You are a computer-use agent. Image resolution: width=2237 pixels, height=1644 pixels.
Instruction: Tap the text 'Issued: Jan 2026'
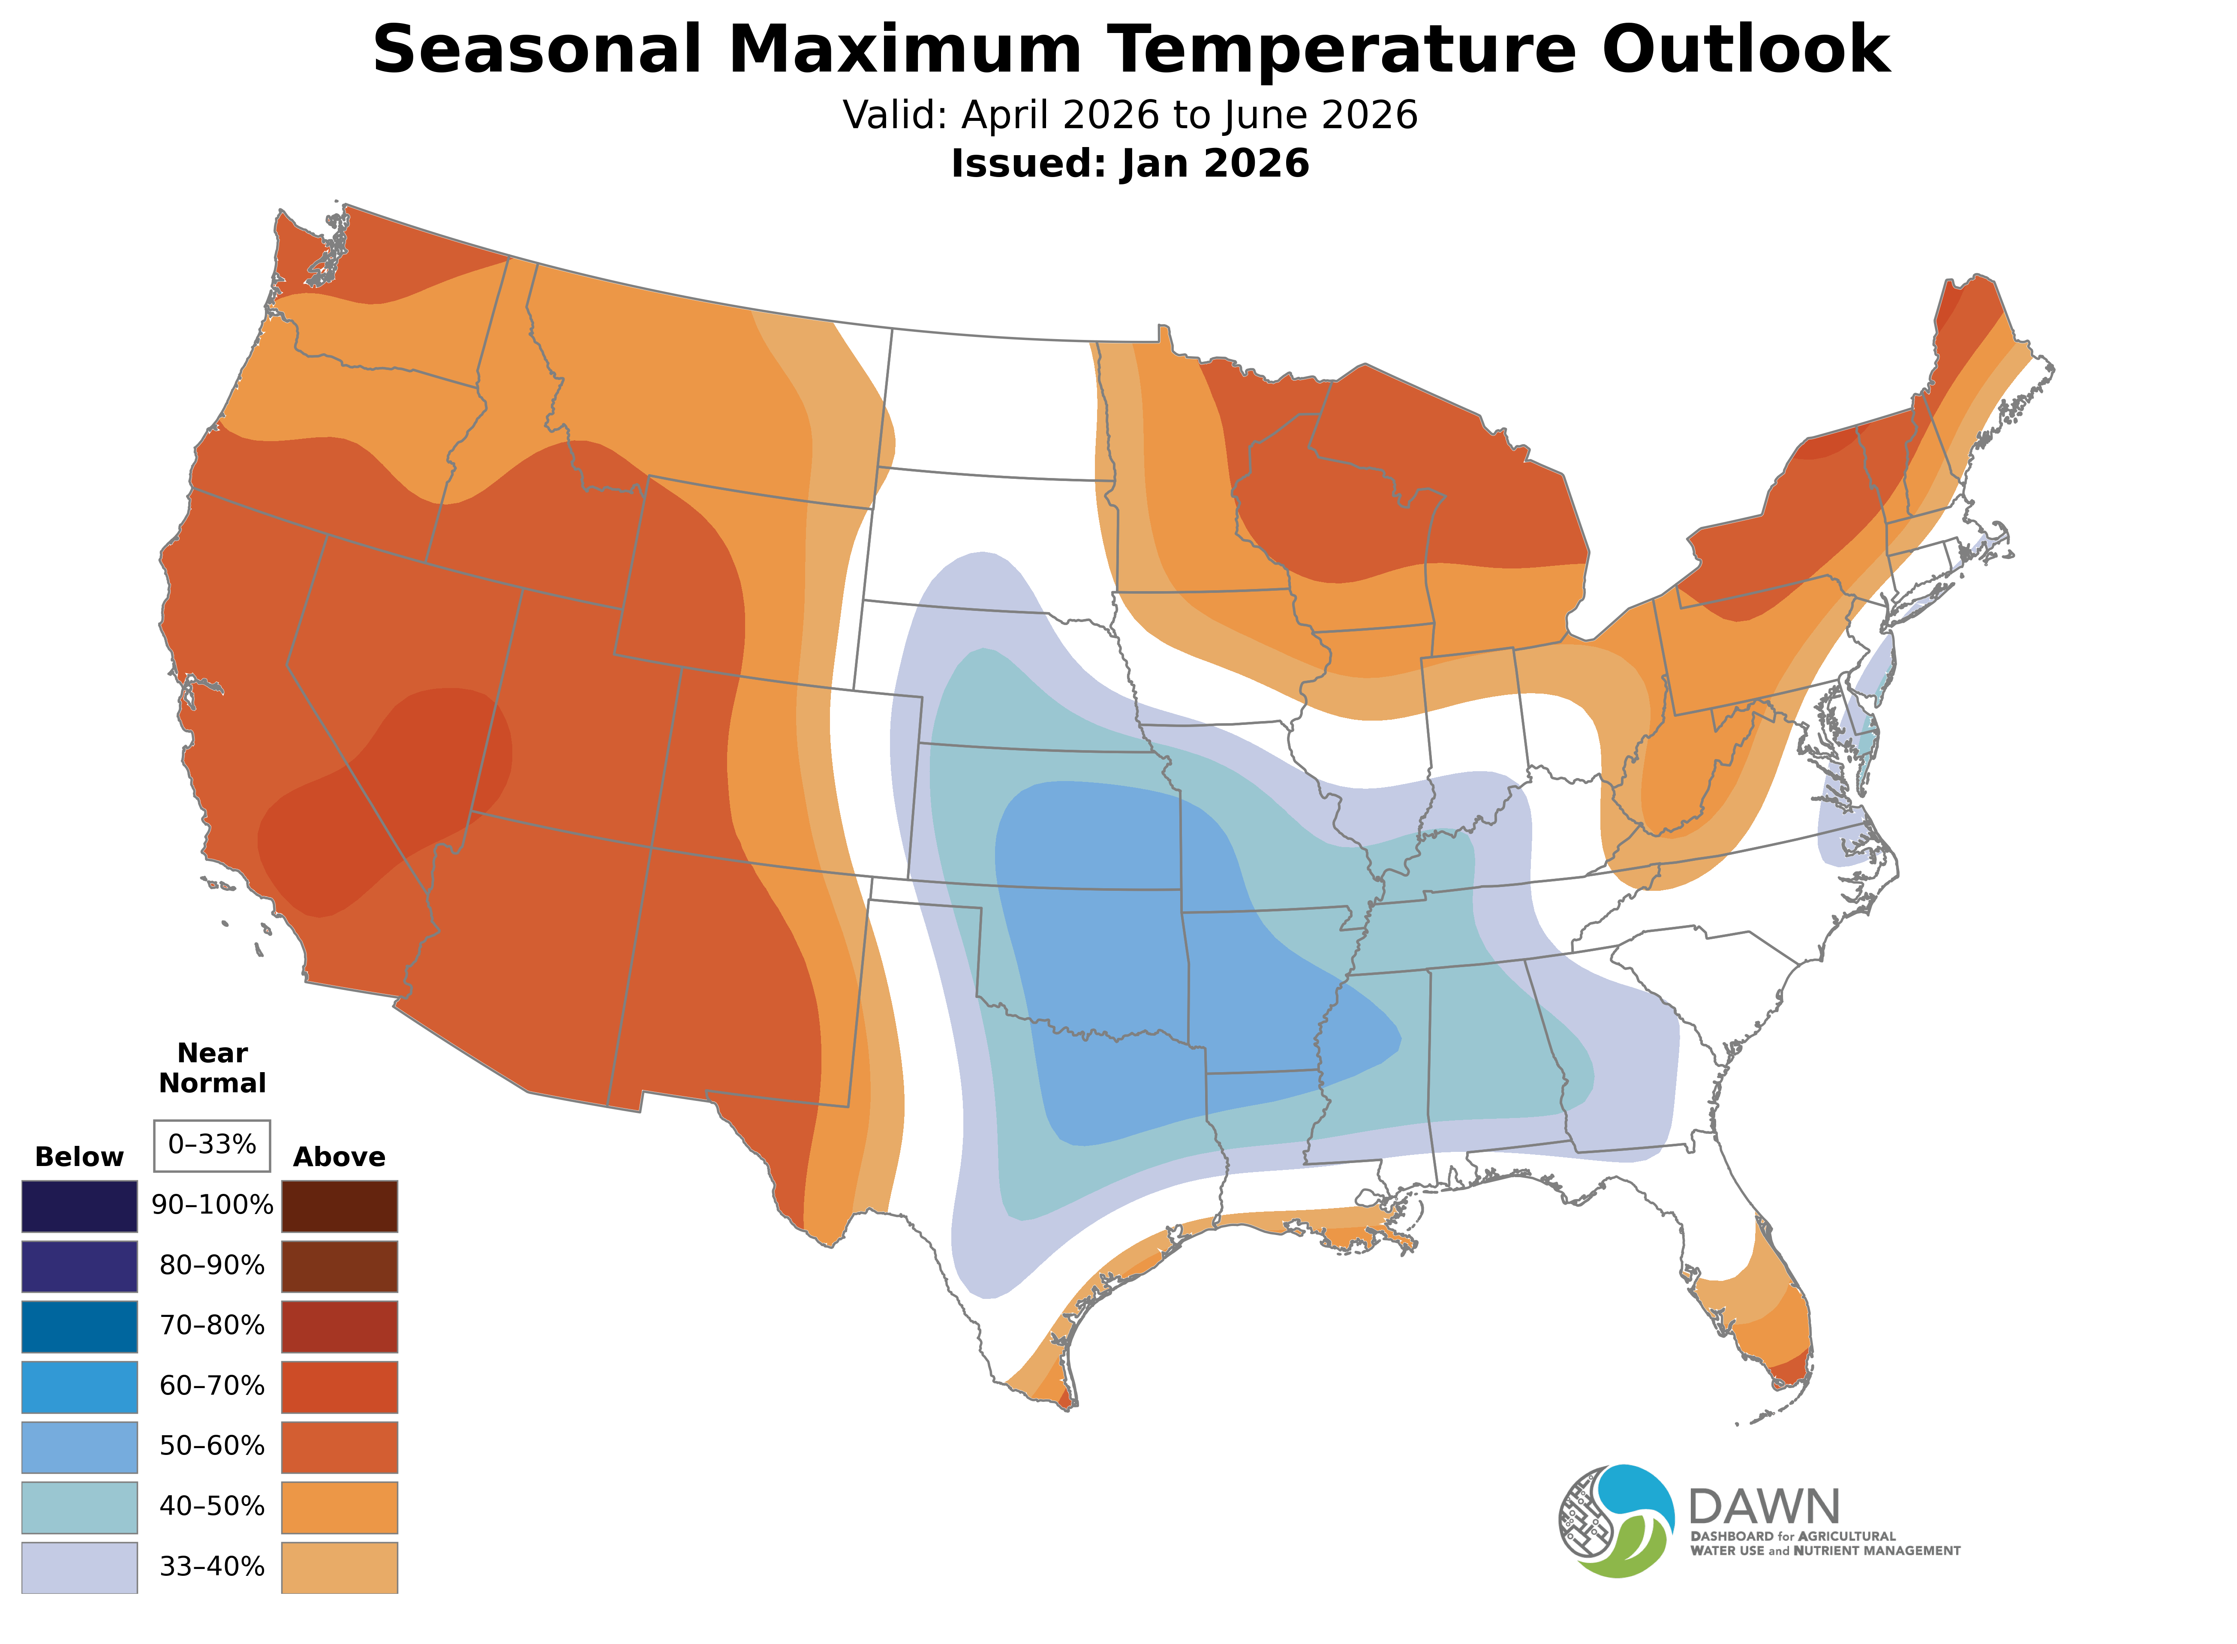point(1130,164)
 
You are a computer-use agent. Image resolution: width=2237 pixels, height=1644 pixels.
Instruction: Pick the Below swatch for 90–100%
point(80,1206)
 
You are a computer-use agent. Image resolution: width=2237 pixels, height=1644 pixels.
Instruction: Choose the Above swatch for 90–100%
point(340,1206)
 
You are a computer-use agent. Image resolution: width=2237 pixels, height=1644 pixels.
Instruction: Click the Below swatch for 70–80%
point(80,1326)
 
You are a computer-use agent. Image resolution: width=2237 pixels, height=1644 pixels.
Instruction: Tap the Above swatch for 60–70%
point(340,1386)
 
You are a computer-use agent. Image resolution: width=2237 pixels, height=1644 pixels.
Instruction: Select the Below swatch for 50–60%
point(80,1447)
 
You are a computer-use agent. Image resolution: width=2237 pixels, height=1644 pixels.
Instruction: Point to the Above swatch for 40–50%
point(340,1507)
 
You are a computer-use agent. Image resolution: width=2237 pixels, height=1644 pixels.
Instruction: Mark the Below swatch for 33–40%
point(80,1567)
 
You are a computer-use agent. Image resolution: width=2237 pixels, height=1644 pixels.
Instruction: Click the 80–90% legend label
point(212,1266)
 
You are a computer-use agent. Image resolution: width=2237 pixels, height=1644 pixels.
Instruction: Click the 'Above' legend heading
point(340,1157)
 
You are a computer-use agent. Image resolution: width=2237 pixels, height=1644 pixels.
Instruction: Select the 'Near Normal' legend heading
point(212,1068)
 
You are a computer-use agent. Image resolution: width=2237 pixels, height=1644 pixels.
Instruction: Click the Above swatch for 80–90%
point(340,1266)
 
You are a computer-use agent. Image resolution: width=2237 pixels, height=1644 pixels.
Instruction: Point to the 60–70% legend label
point(212,1386)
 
